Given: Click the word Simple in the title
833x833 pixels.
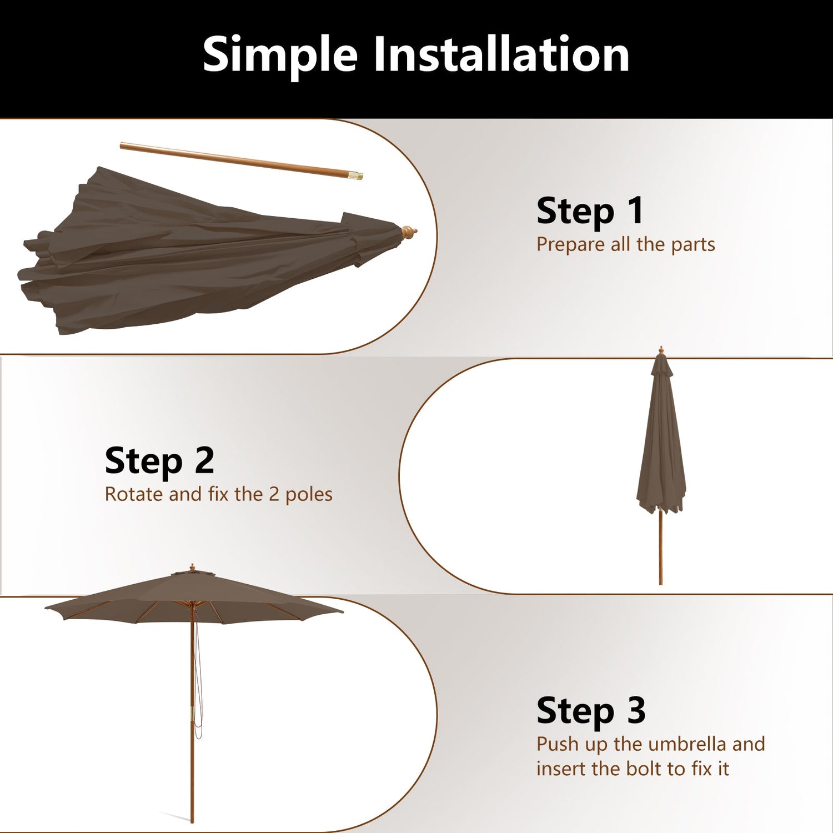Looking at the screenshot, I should pos(280,56).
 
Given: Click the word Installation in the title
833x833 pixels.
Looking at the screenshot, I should pos(501,54).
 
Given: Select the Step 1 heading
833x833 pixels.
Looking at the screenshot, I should pos(590,211).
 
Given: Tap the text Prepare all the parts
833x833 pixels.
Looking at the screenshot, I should pos(625,244).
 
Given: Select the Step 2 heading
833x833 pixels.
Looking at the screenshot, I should pos(159,461).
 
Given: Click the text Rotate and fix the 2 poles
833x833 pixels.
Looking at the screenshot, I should pos(218,494).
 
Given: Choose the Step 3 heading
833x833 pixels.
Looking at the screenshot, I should pos(591,711).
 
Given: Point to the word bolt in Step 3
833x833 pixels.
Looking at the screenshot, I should pos(645,769).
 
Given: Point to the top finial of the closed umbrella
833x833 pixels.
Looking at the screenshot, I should pos(660,350).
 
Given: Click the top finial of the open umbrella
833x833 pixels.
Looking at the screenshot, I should pos(192,567).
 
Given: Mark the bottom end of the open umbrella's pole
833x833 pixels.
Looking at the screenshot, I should pos(192,819).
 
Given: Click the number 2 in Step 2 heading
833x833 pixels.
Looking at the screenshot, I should pos(204,461).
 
